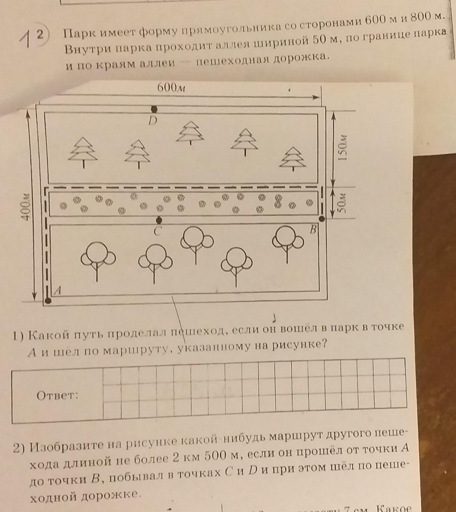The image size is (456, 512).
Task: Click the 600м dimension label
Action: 171,87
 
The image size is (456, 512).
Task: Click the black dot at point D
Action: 154,109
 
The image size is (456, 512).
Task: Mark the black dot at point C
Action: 159,220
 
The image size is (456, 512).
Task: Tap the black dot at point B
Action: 322,219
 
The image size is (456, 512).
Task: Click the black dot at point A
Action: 48,301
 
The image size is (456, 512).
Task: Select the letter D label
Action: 153,122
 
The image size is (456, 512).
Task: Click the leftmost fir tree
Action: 84,151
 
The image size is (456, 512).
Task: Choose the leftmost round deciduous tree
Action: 98,259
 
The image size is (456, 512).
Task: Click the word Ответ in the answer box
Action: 57,396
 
